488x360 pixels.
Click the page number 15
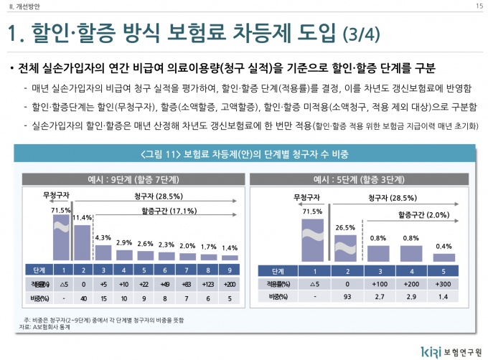tap(478, 6)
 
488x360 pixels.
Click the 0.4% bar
tap(444, 257)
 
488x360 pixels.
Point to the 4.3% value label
tap(103, 237)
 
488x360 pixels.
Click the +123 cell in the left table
tap(208, 285)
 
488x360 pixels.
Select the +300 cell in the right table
tap(444, 285)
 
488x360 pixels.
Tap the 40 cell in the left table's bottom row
tap(83, 296)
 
